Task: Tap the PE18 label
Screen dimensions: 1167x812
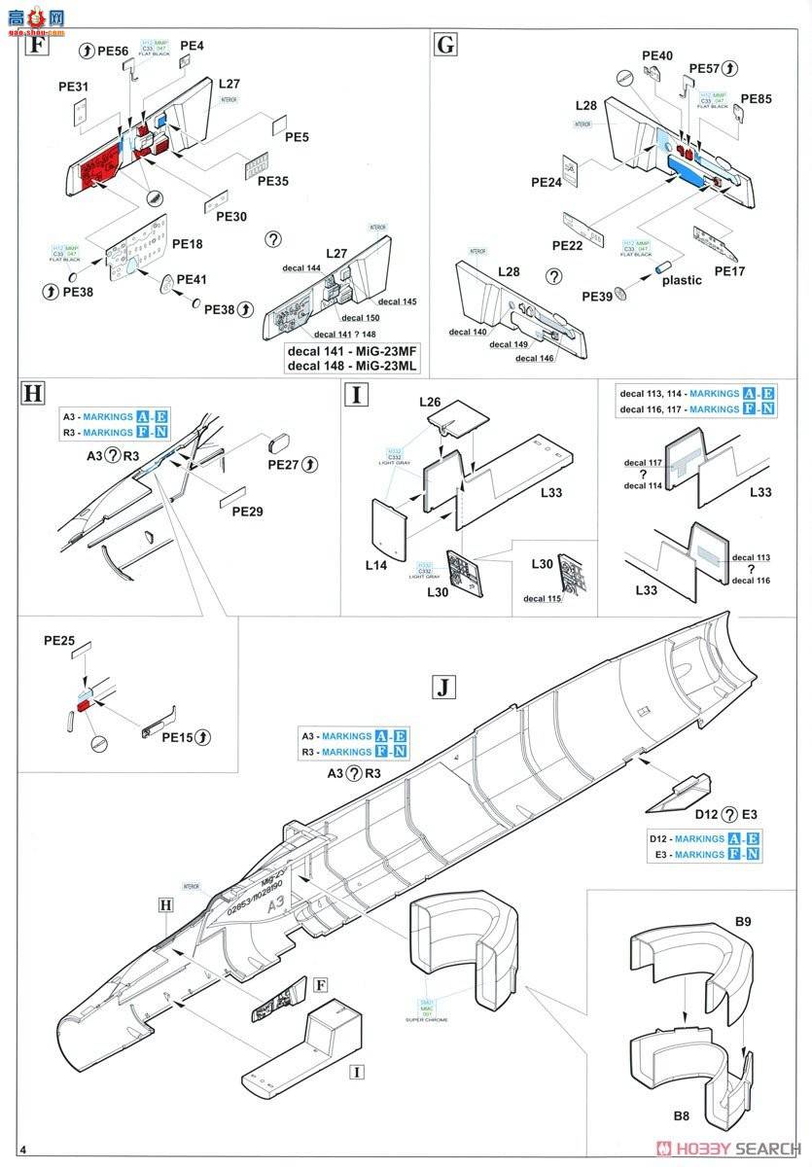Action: (189, 246)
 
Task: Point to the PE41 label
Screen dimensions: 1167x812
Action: (192, 279)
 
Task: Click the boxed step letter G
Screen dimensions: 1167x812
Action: (446, 44)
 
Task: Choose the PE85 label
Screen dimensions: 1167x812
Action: (757, 99)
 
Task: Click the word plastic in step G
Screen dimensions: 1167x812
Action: (681, 280)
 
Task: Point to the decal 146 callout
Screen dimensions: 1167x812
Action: (534, 359)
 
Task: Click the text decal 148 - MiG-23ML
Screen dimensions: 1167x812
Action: (352, 366)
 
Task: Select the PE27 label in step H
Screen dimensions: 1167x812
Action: (289, 465)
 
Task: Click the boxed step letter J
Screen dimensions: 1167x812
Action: (442, 688)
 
